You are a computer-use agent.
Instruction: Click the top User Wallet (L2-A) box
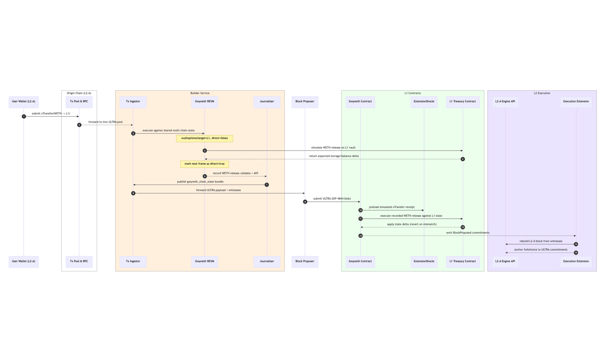click(24, 102)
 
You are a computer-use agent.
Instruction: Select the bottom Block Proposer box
click(305, 262)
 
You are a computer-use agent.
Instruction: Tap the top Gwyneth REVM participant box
click(205, 102)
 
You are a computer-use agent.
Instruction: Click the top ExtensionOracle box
click(424, 102)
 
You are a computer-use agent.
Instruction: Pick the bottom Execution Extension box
click(576, 262)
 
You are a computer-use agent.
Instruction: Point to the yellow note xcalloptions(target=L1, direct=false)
click(205, 139)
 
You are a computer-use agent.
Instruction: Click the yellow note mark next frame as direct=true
click(205, 164)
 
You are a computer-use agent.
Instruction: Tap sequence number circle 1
click(24, 116)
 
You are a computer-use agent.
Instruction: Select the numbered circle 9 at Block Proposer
click(305, 202)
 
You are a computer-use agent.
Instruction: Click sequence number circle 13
click(360, 236)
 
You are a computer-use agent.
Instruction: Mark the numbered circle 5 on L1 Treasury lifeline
click(462, 159)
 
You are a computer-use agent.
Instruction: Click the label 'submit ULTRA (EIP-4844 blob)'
click(332, 199)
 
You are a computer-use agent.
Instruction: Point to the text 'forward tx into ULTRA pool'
click(106, 122)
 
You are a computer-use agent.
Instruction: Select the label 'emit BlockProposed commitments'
click(468, 233)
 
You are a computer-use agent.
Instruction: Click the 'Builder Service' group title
click(200, 93)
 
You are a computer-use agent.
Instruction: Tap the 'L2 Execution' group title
click(542, 93)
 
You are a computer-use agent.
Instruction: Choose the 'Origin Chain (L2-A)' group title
click(79, 93)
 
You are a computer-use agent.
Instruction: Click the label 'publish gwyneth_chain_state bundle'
click(200, 182)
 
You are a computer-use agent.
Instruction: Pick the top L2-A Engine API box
click(505, 102)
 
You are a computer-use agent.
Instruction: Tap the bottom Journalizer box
click(267, 262)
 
